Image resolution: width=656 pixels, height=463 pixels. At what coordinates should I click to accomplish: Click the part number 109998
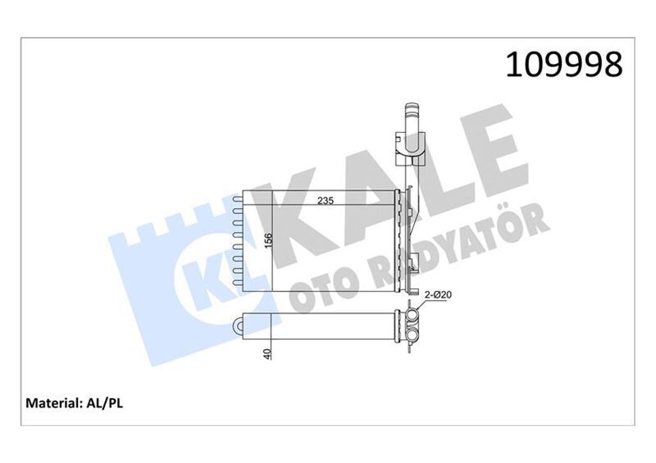(x=564, y=64)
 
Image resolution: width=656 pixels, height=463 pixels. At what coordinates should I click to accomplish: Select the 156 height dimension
(x=268, y=242)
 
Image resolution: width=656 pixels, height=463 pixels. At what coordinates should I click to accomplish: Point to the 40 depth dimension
(x=268, y=353)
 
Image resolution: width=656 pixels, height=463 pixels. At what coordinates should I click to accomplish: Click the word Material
(x=53, y=403)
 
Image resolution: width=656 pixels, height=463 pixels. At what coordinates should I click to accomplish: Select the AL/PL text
(x=103, y=403)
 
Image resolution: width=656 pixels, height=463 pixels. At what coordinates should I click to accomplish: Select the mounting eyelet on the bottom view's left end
(x=240, y=325)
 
